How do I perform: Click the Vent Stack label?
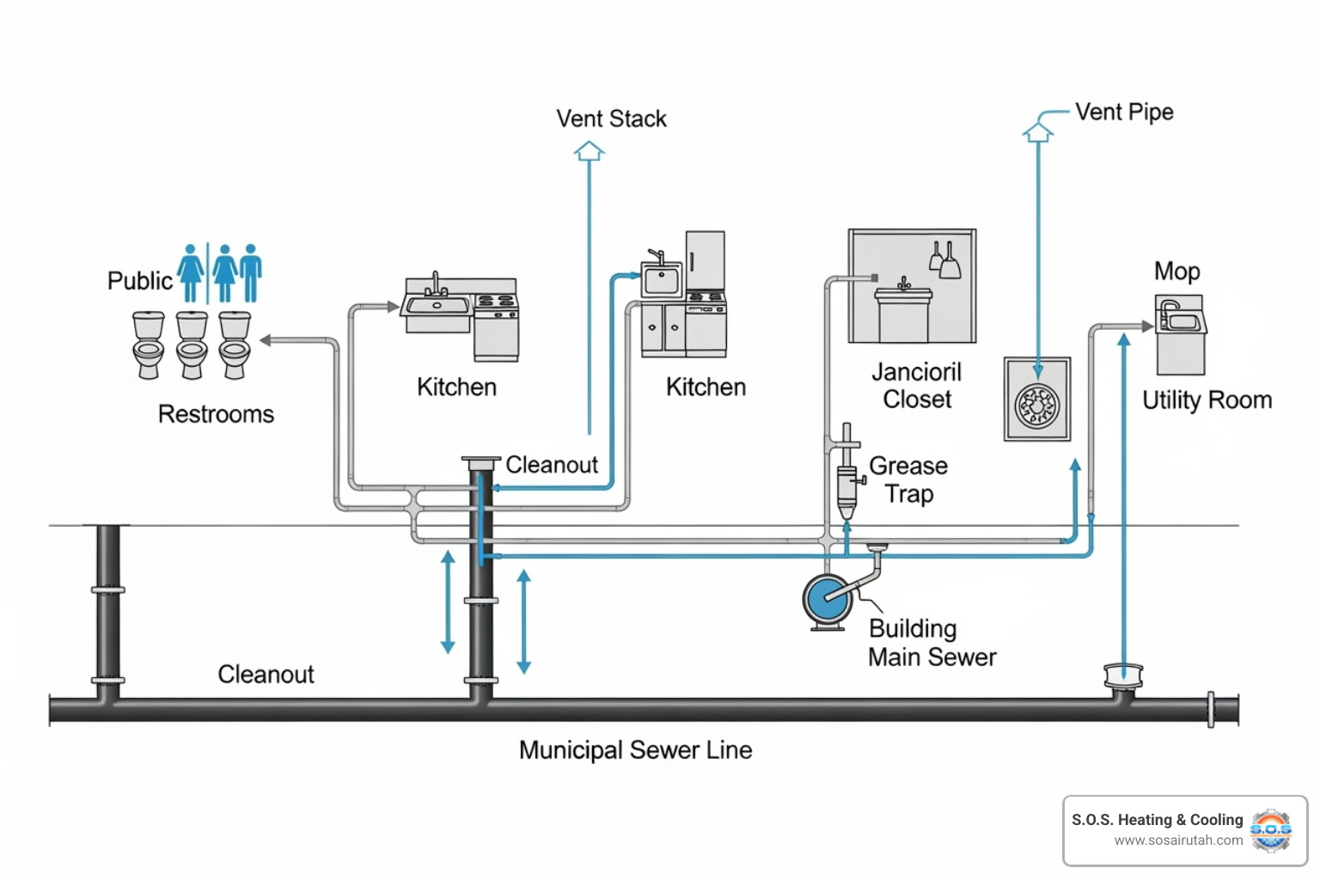point(611,119)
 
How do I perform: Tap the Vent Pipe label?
point(1123,112)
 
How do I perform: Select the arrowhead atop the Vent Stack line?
point(589,151)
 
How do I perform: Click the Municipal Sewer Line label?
point(635,750)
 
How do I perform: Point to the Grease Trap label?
point(908,480)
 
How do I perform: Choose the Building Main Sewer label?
point(932,643)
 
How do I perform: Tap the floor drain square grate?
point(1037,400)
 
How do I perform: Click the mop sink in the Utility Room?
point(1180,334)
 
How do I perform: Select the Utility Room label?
point(1207,400)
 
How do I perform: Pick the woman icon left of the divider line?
point(191,272)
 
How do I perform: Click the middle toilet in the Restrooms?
point(192,345)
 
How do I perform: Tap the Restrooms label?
point(216,414)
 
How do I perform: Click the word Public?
point(139,281)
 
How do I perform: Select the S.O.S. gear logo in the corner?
point(1270,830)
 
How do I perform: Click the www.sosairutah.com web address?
point(1178,840)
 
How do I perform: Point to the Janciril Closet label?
point(916,386)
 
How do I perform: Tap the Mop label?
point(1176,272)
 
